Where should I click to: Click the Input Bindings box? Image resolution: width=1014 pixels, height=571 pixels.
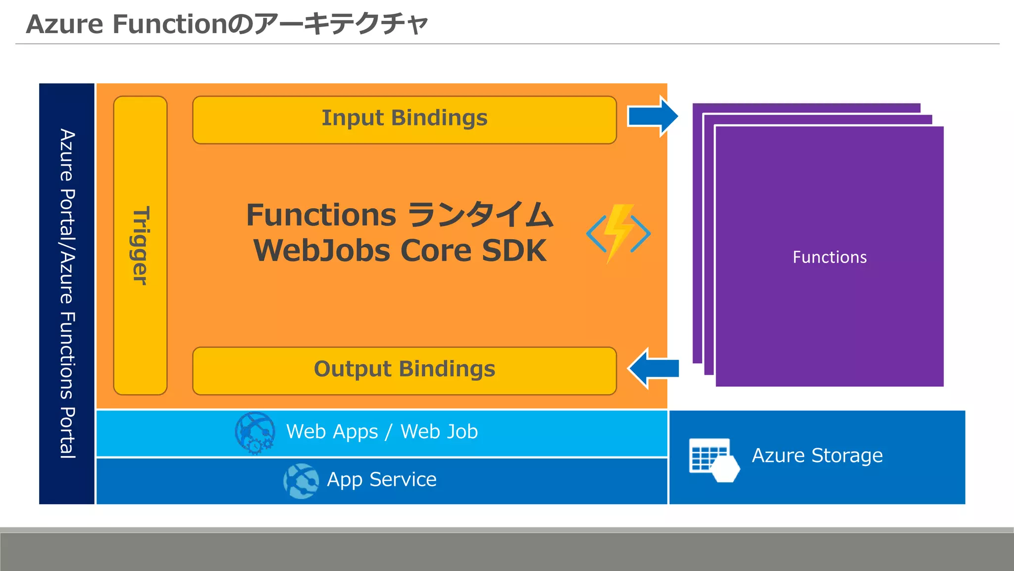404,120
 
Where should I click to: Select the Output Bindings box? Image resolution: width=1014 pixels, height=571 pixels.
404,371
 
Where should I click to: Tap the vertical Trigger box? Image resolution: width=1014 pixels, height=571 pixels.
140,245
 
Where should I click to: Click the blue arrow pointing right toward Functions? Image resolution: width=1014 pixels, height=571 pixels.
653,116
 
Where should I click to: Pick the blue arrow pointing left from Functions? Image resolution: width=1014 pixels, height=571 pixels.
654,368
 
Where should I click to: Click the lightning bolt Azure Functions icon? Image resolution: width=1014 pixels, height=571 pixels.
618,233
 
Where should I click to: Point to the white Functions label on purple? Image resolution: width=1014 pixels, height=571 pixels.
829,257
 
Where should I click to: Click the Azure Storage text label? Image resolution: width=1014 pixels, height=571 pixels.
817,456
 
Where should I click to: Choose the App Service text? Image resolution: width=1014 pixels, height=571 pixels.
381,480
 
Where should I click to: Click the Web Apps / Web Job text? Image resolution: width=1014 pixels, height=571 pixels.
382,432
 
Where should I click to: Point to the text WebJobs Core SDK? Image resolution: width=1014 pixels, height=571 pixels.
400,251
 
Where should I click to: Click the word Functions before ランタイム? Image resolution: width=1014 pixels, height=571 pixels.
321,215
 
